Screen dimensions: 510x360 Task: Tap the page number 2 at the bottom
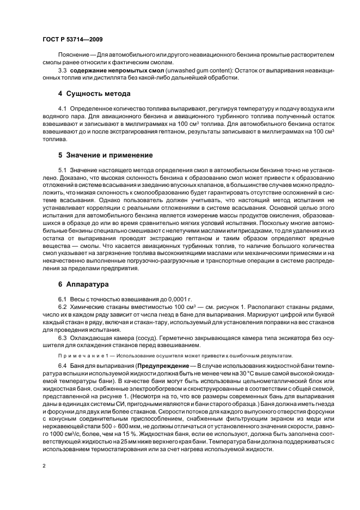coord(43,466)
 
